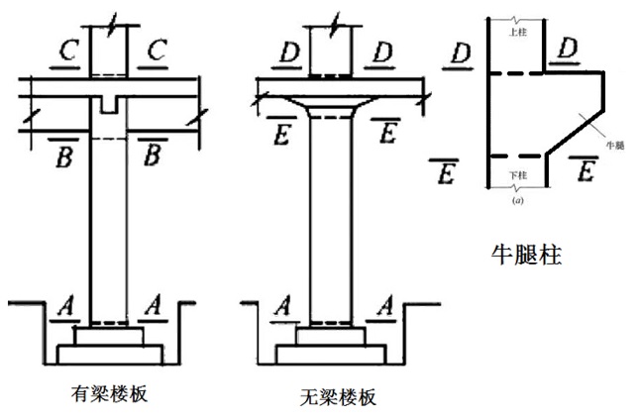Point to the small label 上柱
pyautogui.click(x=515, y=32)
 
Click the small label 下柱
pyautogui.click(x=515, y=175)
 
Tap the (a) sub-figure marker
pyautogui.click(x=517, y=200)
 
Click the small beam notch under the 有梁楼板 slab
pyautogui.click(x=109, y=104)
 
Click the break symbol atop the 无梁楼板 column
pyautogui.click(x=335, y=20)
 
